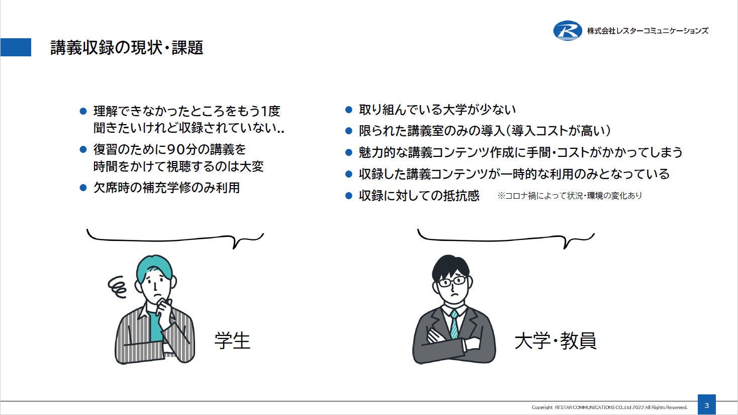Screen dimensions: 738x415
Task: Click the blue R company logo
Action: click(568, 31)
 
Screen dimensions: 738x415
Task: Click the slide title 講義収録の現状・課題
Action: click(127, 47)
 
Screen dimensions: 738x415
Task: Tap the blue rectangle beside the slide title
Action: click(16, 47)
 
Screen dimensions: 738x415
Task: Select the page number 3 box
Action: click(707, 405)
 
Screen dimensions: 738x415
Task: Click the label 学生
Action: click(232, 341)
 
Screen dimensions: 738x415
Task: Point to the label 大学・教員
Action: click(556, 341)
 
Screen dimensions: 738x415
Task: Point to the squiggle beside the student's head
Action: click(118, 287)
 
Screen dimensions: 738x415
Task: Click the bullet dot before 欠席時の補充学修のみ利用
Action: click(83, 188)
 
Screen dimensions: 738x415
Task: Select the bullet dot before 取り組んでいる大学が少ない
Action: click(348, 110)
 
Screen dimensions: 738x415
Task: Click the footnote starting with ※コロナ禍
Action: click(570, 196)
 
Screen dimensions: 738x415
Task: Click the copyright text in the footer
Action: click(609, 407)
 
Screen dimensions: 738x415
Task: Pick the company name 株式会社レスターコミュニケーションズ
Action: click(648, 31)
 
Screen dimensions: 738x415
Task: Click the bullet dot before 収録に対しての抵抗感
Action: click(348, 196)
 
